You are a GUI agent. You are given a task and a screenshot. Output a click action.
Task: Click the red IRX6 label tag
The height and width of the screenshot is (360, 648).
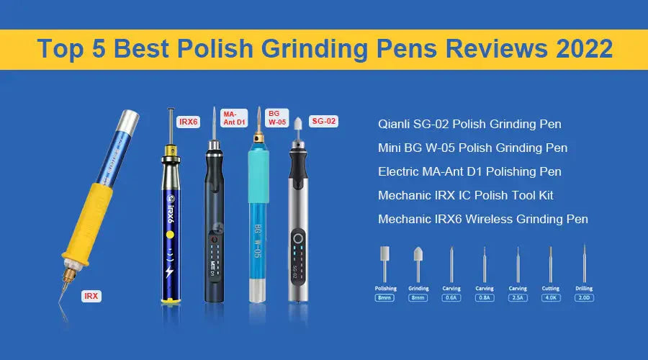188,122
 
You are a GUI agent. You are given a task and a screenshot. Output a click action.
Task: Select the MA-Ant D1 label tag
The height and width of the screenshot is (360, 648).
233,117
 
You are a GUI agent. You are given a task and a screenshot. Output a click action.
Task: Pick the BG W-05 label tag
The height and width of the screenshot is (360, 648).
277,117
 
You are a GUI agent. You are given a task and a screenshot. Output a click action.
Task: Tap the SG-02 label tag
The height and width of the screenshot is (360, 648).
323,122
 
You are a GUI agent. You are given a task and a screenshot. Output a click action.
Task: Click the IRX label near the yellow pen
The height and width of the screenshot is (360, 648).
91,296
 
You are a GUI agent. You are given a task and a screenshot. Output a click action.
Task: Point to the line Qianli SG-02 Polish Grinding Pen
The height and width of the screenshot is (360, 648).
469,124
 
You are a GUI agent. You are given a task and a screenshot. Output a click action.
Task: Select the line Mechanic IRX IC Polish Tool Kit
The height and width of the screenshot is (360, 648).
465,195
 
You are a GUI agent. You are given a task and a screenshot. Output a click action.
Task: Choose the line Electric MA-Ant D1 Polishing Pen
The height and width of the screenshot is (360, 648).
469,171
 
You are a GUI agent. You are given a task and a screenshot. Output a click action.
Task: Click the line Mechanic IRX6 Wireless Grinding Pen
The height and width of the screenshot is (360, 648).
482,219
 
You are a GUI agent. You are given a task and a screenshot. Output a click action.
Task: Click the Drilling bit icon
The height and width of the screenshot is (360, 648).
584,264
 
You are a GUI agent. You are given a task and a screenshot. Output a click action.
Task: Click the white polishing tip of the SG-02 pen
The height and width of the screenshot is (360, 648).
297,124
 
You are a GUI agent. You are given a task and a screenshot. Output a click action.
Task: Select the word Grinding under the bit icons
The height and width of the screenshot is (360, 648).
418,288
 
